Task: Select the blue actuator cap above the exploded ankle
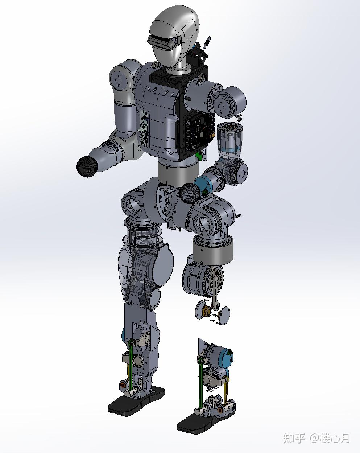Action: coord(226,358)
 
